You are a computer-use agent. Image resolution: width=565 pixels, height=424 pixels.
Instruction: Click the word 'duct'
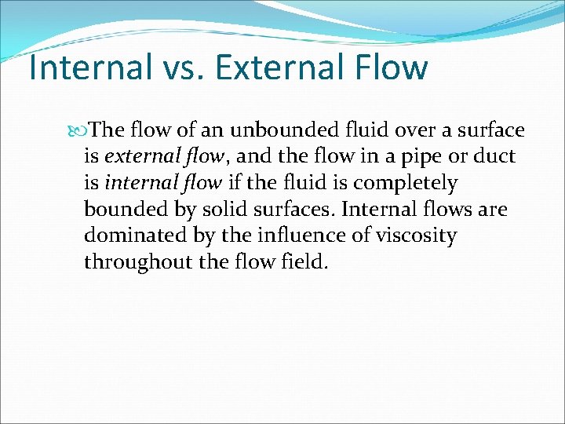click(x=495, y=156)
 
